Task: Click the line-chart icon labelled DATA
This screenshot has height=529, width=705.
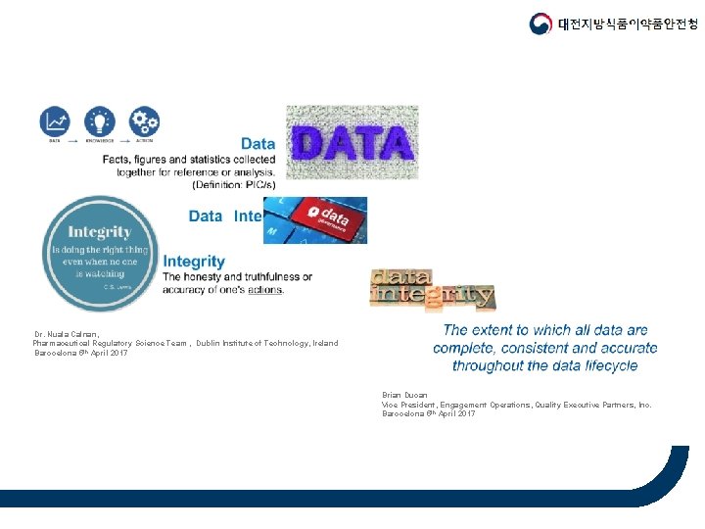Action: pos(55,122)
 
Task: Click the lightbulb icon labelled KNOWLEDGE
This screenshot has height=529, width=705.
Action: pos(99,122)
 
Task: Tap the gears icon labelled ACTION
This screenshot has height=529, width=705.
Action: pos(144,122)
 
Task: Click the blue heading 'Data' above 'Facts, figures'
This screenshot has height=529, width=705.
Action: pos(258,144)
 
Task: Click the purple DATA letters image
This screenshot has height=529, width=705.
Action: pos(352,143)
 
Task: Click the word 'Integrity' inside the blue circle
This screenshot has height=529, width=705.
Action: pos(99,232)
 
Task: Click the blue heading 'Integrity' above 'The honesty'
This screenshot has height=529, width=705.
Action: pos(194,262)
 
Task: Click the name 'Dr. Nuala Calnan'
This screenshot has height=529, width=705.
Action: pos(66,333)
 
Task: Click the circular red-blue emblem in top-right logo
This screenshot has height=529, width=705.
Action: pos(540,24)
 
